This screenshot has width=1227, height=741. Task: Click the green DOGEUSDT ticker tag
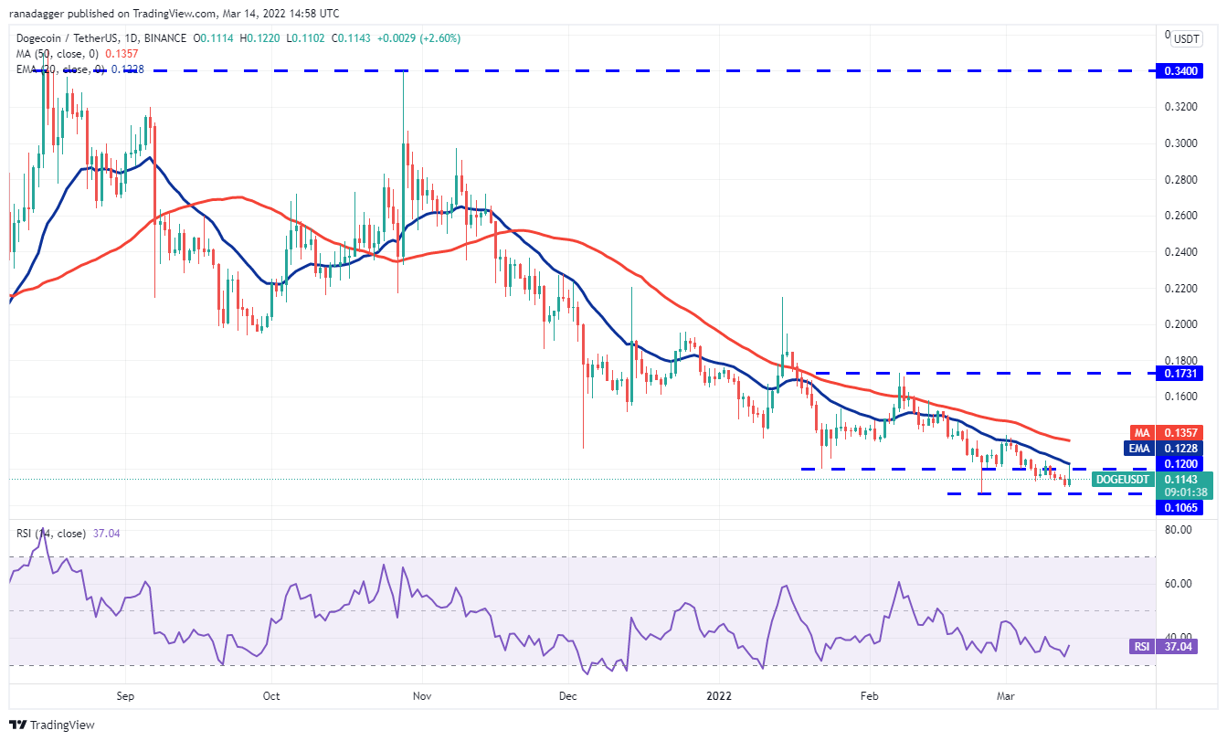click(x=1123, y=479)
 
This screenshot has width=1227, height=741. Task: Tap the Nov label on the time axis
click(x=421, y=695)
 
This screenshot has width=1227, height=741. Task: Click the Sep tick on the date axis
click(x=126, y=695)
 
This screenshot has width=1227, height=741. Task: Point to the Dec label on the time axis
click(x=567, y=695)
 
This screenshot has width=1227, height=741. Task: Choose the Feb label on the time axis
click(x=869, y=695)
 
